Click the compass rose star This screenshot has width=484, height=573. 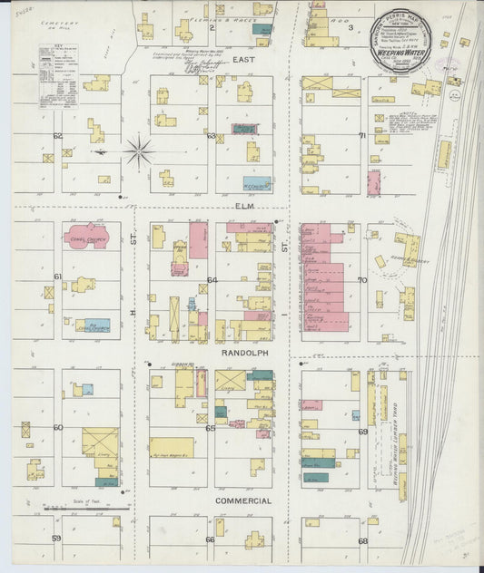point(139,151)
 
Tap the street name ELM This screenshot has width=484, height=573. point(243,208)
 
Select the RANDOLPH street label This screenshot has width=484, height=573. point(242,350)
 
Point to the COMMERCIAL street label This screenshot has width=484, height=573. point(243,500)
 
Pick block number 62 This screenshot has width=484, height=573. point(57,136)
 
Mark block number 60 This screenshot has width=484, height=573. point(57,427)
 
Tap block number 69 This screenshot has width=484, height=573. point(361,432)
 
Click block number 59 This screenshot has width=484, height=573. point(56,539)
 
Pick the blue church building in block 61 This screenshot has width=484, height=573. point(92,325)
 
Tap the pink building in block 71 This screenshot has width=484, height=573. point(374,159)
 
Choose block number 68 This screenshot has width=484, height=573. point(361,541)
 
